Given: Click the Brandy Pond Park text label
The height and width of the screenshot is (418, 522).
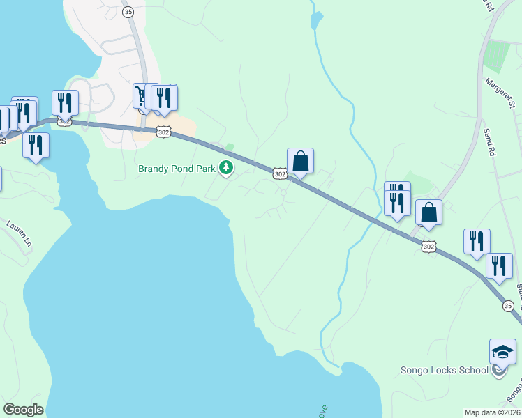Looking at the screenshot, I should tap(177, 169).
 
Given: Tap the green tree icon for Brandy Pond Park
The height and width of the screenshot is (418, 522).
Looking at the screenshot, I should tap(226, 168).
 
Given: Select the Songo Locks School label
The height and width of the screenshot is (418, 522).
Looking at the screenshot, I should tap(444, 370).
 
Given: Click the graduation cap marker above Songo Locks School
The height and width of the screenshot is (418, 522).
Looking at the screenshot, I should tap(502, 353).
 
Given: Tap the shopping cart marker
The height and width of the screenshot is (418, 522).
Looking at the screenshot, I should tap(142, 97).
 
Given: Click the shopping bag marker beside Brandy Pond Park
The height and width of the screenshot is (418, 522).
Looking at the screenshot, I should tap(300, 161).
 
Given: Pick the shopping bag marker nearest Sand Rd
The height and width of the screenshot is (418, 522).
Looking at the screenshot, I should tap(428, 212).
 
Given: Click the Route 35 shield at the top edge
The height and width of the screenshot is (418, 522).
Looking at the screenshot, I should tap(127, 12).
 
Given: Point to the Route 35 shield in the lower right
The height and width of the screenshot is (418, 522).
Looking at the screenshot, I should tap(508, 306).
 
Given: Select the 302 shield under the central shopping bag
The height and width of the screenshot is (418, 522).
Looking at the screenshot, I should tap(279, 174).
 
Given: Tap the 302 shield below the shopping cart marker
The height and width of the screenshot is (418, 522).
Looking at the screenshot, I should tap(163, 132).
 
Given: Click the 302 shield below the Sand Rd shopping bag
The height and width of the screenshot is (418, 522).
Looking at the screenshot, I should tap(428, 246).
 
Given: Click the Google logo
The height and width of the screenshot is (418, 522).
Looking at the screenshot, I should tap(24, 410).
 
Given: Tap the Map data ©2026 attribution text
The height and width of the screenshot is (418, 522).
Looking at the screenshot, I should tap(492, 412).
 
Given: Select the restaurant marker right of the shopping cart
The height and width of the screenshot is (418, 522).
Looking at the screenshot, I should tap(165, 98).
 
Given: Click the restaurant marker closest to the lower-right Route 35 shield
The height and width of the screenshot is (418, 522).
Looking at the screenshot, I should tap(499, 266).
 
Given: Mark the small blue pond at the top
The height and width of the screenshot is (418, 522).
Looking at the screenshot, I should tap(316, 19).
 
